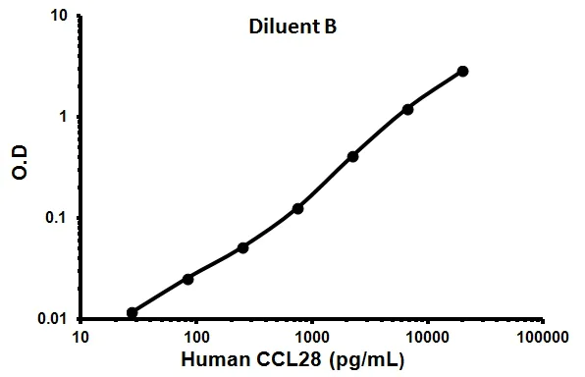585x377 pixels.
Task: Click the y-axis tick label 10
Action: pos(58,16)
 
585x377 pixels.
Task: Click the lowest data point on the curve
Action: pos(133,312)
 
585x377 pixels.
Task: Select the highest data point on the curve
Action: pos(463,71)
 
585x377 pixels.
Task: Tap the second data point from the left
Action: pos(187,279)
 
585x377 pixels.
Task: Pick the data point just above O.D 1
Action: pos(407,109)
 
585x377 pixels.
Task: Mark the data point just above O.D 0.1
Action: pos(297,208)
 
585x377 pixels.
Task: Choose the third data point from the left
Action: pos(242,247)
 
